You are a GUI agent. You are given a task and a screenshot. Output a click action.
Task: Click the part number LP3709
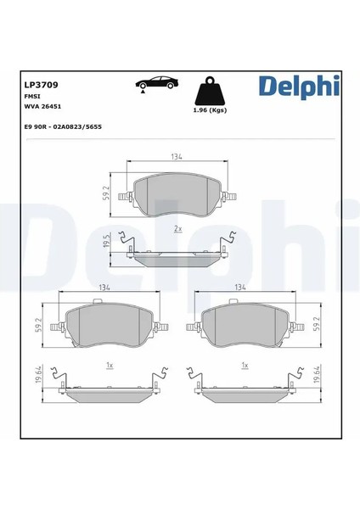pyautogui.click(x=42, y=85)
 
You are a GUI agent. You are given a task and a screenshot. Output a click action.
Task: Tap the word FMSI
pyautogui.click(x=31, y=97)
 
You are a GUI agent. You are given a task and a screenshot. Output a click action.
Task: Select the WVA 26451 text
pyautogui.click(x=43, y=107)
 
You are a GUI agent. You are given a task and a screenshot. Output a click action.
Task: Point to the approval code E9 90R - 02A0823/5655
pyautogui.click(x=63, y=127)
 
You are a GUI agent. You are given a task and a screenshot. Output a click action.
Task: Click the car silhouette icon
pyautogui.click(x=157, y=84)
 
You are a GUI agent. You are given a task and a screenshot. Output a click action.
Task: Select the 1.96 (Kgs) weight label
pyautogui.click(x=210, y=110)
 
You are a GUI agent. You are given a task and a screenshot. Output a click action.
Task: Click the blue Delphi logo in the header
pyautogui.click(x=299, y=87)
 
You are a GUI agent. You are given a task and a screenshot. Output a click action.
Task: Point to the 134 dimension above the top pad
pyautogui.click(x=177, y=156)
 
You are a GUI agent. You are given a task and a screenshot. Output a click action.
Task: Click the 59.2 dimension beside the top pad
pyautogui.click(x=106, y=193)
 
